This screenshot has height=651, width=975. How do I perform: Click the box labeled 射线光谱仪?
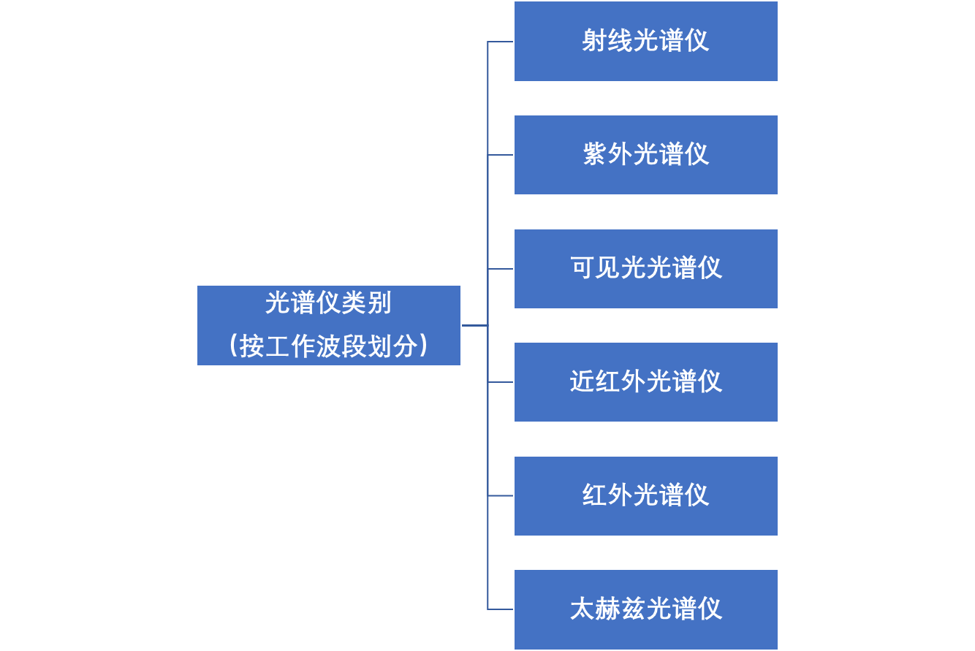pos(645,42)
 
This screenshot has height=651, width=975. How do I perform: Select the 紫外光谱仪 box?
pos(645,155)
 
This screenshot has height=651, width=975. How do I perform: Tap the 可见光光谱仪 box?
pos(645,269)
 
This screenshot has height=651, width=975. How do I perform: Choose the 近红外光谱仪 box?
pos(645,382)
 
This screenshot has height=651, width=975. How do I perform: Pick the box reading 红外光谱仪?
pos(645,496)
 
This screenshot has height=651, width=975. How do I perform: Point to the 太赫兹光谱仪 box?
pos(645,609)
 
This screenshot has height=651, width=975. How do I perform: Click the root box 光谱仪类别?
pos(329,325)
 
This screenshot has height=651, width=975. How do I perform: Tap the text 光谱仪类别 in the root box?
pos(328,303)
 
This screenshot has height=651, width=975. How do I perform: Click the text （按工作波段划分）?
pos(328,346)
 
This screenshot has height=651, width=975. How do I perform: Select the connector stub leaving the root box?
pos(474,325)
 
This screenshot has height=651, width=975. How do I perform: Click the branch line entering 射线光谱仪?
pos(501,42)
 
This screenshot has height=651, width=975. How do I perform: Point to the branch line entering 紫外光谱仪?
pos(501,155)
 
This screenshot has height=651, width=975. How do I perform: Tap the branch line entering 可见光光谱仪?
pos(501,269)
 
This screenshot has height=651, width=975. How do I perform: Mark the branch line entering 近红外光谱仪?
pos(501,382)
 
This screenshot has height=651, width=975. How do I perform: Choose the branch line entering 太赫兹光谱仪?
pos(501,609)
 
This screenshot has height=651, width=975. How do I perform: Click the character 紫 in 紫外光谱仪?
pos(595,154)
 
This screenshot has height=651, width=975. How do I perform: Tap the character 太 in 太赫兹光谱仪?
pos(583,609)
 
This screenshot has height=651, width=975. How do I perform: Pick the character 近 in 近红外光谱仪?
pos(583,381)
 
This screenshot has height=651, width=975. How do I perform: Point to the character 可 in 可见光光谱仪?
pos(583,268)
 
